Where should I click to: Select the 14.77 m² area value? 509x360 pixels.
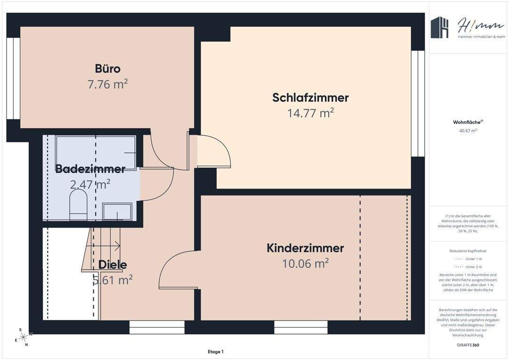tap(310, 113)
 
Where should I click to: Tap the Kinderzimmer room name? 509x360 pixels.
tap(305, 248)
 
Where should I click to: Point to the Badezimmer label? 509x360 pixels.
tap(90, 169)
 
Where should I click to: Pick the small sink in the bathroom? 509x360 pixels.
tap(117, 212)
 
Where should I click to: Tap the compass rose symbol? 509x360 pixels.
tap(22, 337)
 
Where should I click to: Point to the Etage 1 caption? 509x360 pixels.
tap(215, 352)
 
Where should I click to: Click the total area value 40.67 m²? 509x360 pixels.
tap(468, 131)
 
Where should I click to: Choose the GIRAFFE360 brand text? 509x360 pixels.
tap(468, 345)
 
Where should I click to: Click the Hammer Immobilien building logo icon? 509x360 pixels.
tap(441, 28)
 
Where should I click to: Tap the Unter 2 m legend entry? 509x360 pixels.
tap(468, 267)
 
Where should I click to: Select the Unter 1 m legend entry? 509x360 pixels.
tap(468, 259)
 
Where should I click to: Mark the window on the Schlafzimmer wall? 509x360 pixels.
tap(414, 103)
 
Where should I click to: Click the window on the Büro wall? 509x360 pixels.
tap(13, 78)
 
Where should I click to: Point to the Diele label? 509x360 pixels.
tap(112, 265)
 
